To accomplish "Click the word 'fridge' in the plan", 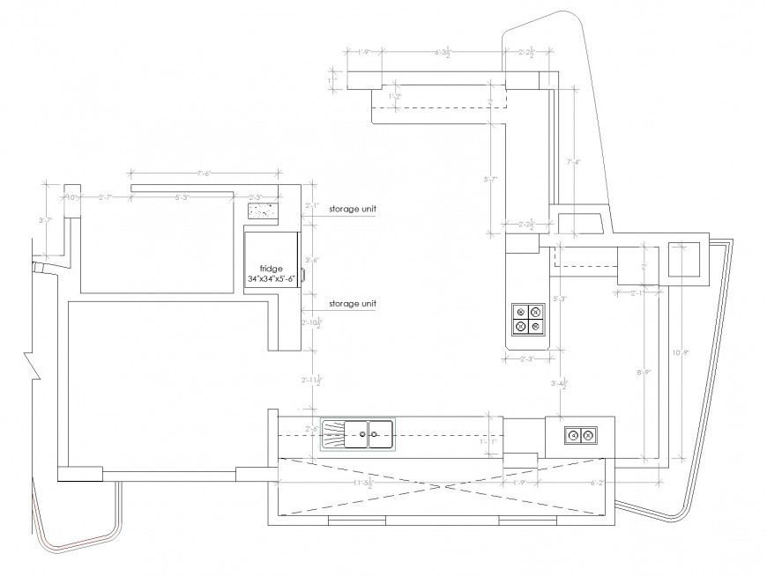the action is (x=270, y=268).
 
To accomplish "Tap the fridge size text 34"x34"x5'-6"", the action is (x=272, y=279).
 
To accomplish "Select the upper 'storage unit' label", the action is (x=353, y=210).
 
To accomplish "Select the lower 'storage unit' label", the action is (x=353, y=304).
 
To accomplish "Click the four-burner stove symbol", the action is (x=527, y=319).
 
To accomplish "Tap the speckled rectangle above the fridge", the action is (x=263, y=211).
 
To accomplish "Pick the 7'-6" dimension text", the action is (x=206, y=173).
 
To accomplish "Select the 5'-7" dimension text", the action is (x=492, y=180).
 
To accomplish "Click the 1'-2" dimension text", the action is (x=395, y=96).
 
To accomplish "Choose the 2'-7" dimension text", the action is (x=105, y=197).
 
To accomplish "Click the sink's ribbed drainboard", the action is (x=334, y=432).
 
